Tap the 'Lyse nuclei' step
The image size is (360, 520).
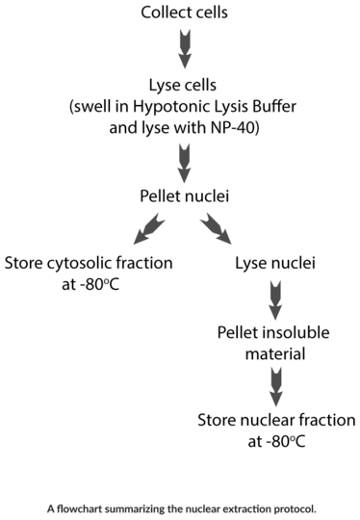click(276, 264)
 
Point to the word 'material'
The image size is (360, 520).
click(276, 354)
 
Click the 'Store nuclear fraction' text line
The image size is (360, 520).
click(276, 421)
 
